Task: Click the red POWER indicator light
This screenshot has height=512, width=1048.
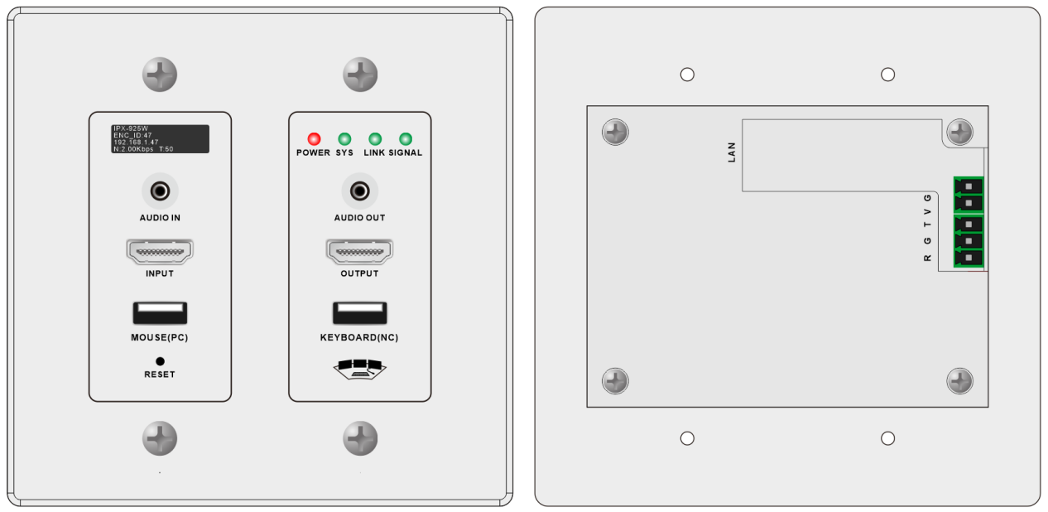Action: tap(314, 138)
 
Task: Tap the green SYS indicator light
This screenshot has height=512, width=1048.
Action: tap(344, 138)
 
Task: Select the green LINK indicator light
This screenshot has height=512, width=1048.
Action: tap(375, 138)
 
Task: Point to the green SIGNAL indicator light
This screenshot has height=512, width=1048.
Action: tap(405, 138)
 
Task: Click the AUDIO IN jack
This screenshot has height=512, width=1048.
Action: tap(160, 191)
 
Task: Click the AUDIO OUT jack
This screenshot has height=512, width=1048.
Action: tap(360, 191)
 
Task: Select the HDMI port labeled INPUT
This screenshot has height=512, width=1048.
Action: tap(160, 252)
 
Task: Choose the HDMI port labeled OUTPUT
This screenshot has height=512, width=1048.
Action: tap(360, 252)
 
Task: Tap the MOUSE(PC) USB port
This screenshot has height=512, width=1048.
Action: tap(160, 313)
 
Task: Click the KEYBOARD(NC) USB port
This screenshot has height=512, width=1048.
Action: tap(360, 313)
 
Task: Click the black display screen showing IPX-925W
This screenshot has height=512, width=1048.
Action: tap(160, 138)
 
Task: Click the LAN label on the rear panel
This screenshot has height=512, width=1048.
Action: tap(732, 152)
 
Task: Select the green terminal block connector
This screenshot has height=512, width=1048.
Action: tap(969, 222)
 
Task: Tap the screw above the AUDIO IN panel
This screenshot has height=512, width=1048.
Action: tap(160, 75)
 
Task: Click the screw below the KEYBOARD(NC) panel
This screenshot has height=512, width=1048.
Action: tap(360, 438)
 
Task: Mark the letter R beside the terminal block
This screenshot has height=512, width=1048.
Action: tap(927, 258)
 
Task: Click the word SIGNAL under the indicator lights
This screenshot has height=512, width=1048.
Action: tap(405, 152)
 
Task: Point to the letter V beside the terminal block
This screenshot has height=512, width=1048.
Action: tap(927, 212)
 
